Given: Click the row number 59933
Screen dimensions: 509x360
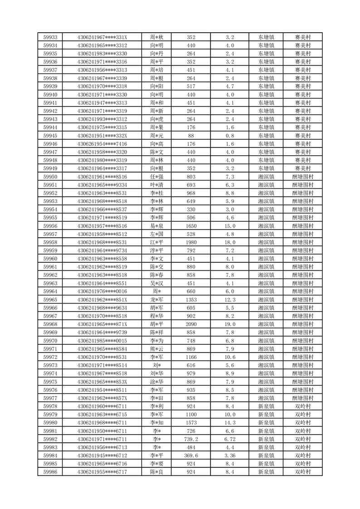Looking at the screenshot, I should pos(50,37).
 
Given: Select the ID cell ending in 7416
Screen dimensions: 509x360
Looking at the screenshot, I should pos(102,143).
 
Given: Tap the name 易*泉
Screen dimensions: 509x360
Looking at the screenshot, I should pos(157,226).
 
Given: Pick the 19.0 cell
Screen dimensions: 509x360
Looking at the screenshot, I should pos(230,324).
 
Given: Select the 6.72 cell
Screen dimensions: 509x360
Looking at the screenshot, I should pos(230,439).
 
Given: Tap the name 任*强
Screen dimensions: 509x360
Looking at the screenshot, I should pos(157,176).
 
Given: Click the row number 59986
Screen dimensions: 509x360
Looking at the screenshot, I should pos(50,472).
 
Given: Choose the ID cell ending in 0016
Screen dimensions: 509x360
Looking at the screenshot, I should pos(102,291).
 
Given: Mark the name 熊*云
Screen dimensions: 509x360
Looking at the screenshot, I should pos(157,349).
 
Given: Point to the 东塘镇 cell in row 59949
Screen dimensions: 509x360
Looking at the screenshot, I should pos(266,168).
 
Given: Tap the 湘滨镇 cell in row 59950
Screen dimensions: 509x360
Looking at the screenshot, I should pos(266,176).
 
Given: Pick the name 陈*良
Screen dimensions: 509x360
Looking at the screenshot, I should pos(157,472).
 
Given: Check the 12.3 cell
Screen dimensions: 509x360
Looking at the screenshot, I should pos(230,299).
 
